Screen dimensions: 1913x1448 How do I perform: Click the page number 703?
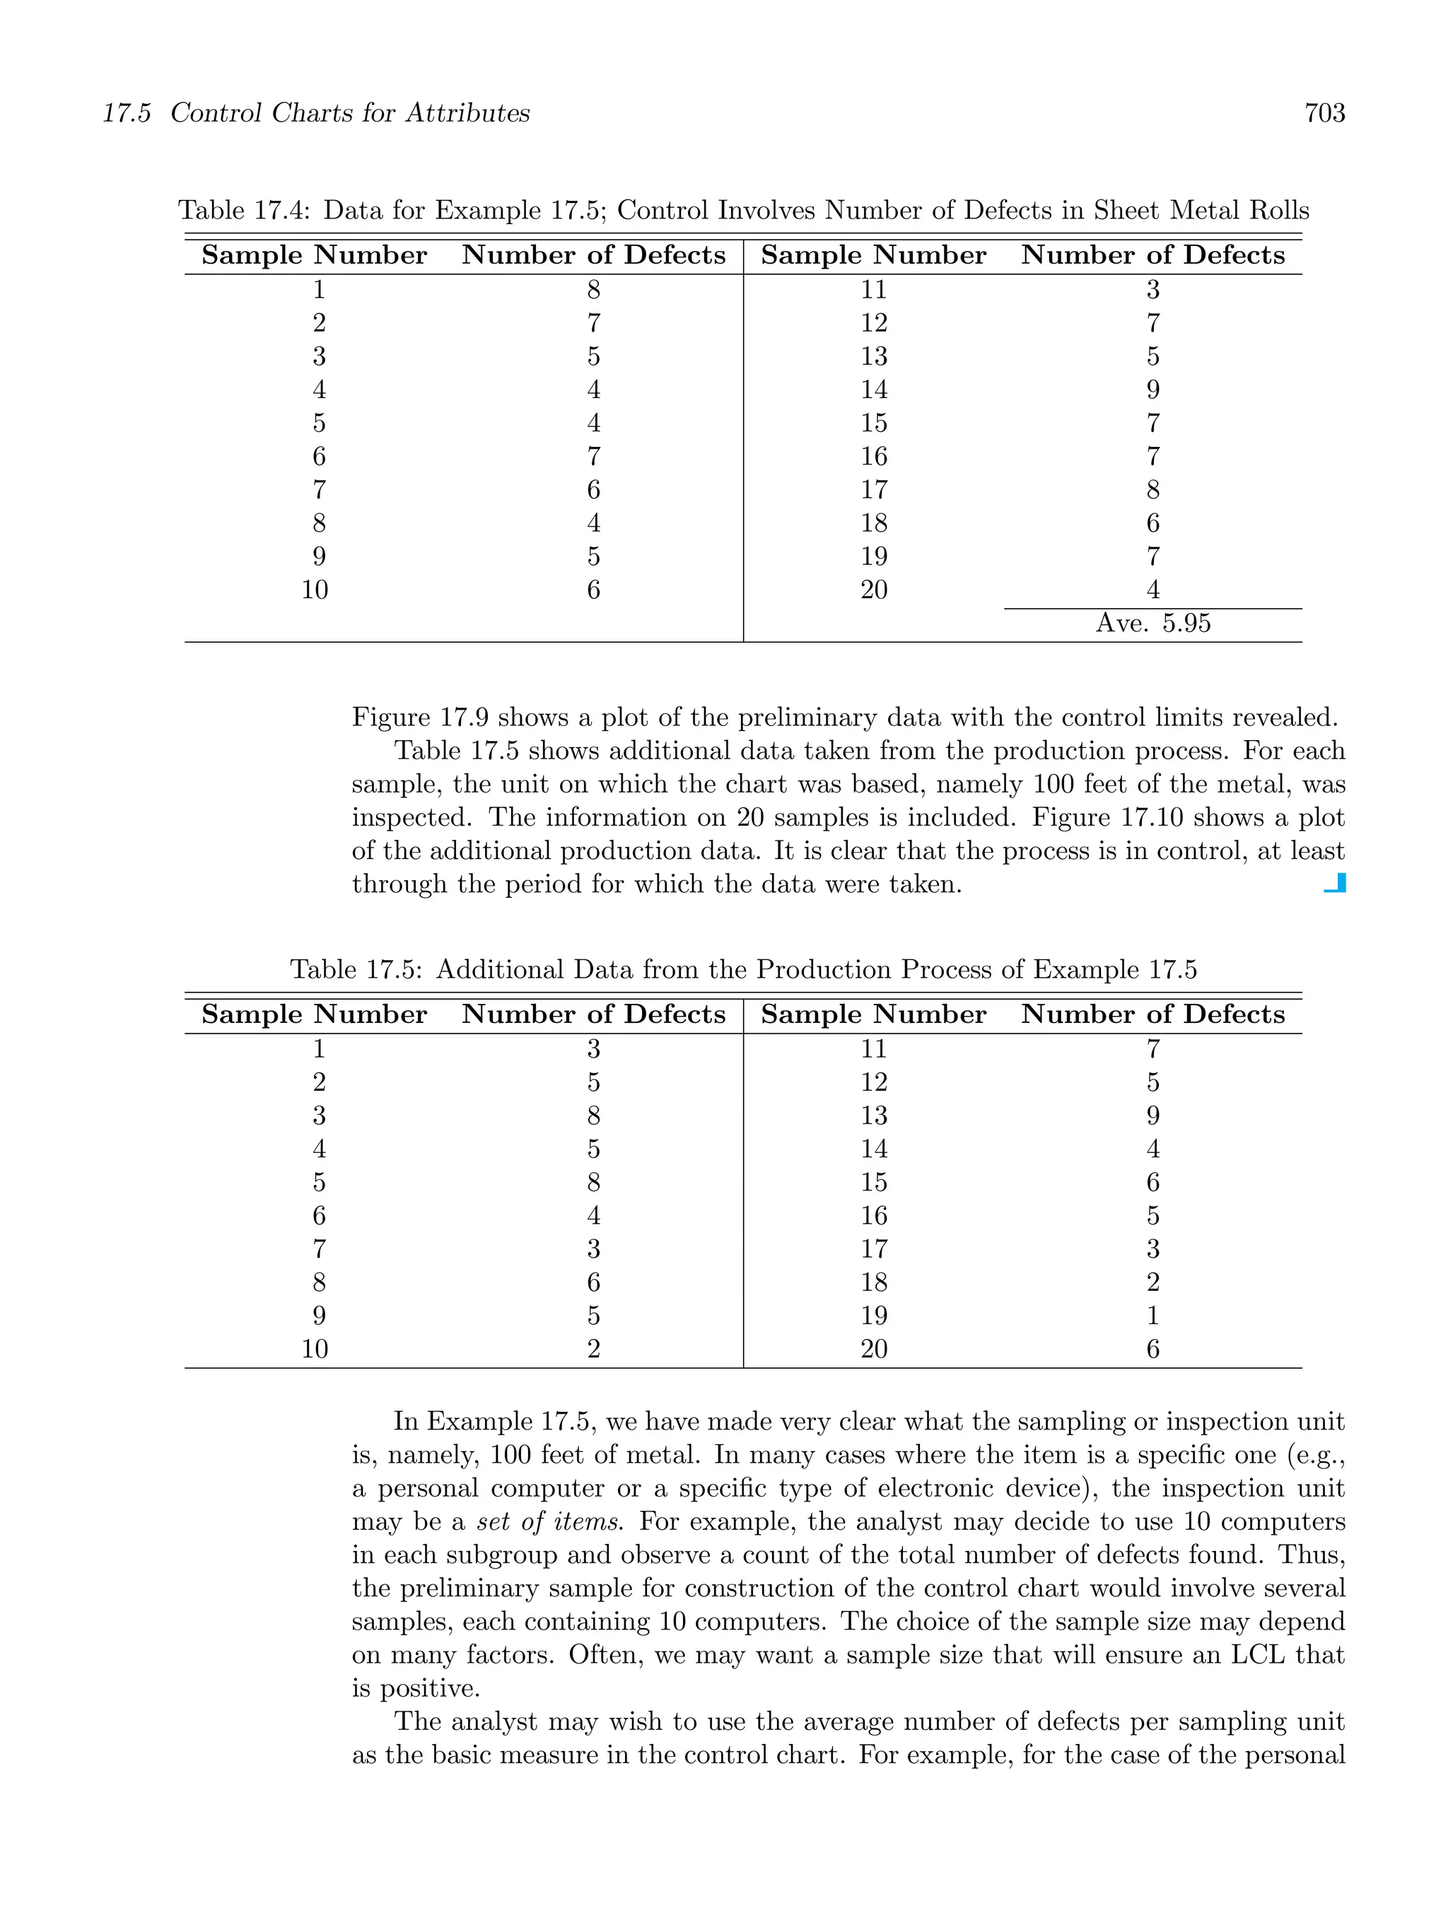point(1324,113)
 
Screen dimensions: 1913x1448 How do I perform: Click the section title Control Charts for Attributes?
point(349,113)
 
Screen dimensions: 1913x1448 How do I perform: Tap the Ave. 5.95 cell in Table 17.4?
point(1152,624)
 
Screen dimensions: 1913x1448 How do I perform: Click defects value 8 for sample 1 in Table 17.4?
point(593,290)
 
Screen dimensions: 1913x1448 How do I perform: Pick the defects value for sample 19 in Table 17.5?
point(1152,1316)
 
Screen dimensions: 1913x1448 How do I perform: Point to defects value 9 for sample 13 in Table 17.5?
point(1152,1116)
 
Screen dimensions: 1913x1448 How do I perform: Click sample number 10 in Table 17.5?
point(315,1349)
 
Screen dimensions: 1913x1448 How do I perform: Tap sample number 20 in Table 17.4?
point(874,590)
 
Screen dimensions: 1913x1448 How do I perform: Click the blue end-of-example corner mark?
point(1336,883)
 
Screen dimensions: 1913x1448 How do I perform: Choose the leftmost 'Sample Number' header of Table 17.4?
point(314,255)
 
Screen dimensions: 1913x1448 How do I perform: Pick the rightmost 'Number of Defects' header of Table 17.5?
point(1152,1014)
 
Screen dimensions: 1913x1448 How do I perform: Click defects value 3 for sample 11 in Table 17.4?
point(1152,290)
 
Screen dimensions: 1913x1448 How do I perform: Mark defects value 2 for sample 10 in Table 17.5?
point(593,1349)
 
